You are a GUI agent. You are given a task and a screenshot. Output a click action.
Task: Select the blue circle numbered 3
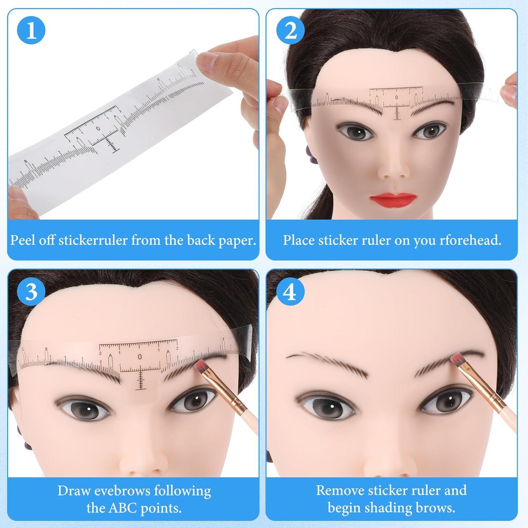tap(31, 291)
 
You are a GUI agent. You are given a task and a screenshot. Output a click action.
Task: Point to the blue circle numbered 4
tap(290, 291)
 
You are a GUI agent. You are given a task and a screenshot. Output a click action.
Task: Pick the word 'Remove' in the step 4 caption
tap(340, 490)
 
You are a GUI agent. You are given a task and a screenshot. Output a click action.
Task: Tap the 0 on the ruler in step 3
tap(140, 357)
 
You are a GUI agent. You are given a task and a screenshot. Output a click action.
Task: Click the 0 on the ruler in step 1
tap(98, 128)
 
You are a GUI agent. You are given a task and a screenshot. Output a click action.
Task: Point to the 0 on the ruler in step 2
tap(397, 97)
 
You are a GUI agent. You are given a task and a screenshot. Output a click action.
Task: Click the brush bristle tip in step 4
tap(457, 359)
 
